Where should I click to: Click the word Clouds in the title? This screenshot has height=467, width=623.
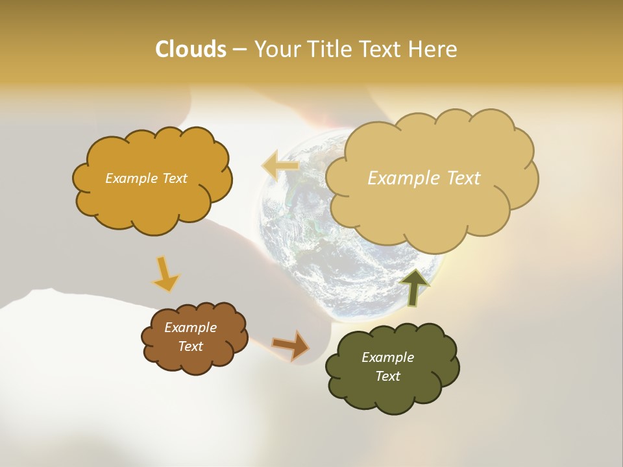190,49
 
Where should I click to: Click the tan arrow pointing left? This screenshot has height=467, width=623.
280,165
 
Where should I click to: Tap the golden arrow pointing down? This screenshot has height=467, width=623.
166,274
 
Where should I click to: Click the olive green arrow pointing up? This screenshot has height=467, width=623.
414,287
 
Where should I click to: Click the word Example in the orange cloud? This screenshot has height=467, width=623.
130,178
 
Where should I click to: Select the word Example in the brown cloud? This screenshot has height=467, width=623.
190,328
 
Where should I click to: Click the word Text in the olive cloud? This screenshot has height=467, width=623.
387,376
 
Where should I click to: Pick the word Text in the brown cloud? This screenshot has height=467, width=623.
190,346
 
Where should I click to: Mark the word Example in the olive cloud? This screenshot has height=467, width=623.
387,357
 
